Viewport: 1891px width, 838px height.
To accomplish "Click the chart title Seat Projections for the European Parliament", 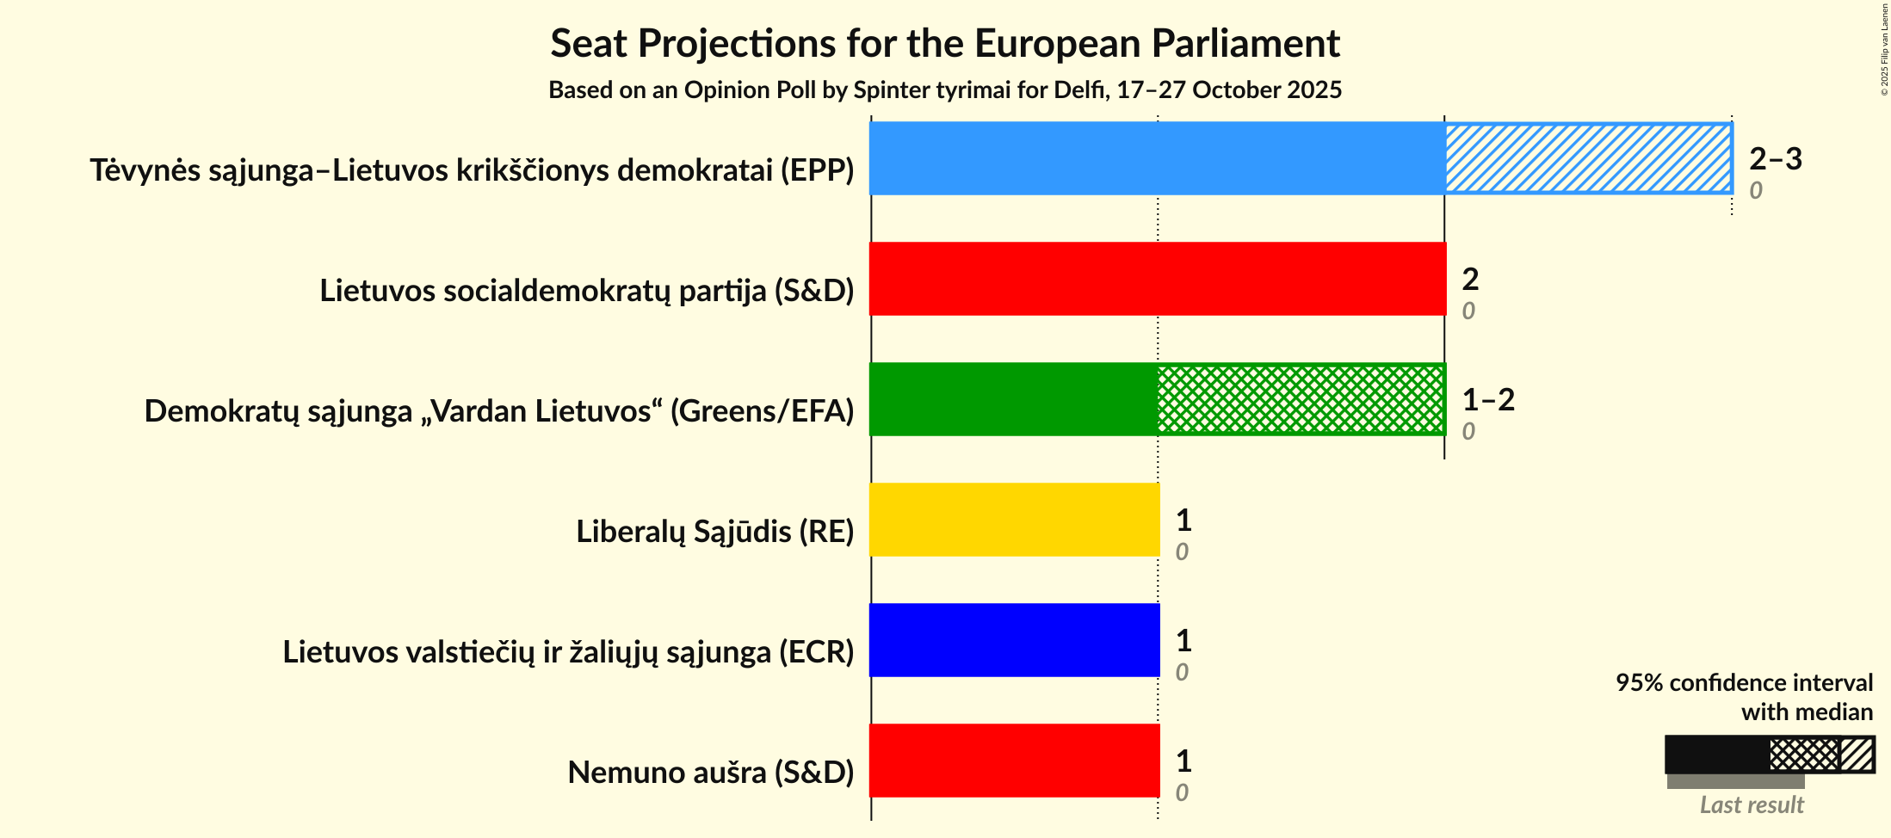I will tap(945, 44).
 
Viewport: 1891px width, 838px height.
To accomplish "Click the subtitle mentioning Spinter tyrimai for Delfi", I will tap(945, 90).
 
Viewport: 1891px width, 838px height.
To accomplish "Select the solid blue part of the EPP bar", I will tap(1156, 158).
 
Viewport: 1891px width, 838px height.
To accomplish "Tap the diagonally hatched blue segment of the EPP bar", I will tap(1588, 158).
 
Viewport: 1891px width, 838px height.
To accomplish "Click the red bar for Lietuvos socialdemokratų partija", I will tap(1157, 279).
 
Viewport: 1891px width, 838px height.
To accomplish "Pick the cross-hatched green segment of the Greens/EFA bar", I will tap(1301, 399).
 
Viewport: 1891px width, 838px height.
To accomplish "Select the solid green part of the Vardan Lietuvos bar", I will tap(1013, 399).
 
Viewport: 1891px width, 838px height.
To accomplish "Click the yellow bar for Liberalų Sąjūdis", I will tap(1014, 520).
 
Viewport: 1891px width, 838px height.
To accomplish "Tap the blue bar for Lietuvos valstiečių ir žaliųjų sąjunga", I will tap(1014, 640).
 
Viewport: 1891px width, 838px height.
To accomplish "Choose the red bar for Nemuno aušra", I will tap(1014, 761).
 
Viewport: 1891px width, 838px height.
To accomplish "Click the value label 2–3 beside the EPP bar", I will tap(1775, 158).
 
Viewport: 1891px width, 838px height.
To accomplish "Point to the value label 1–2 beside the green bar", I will tap(1488, 399).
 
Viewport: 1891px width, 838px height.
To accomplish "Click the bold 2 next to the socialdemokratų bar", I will tap(1470, 279).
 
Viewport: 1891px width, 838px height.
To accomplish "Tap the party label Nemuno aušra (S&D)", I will tap(710, 773).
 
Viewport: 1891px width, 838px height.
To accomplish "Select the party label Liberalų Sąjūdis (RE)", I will tap(714, 532).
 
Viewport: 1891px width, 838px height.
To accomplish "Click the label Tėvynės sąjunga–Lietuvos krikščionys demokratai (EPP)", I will tap(472, 170).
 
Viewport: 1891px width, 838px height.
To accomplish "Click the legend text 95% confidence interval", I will tap(1744, 682).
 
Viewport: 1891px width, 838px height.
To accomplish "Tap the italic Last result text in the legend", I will tap(1752, 805).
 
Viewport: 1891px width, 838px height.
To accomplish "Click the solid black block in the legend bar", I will tap(1716, 755).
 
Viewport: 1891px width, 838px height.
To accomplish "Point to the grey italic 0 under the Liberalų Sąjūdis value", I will tap(1182, 552).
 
